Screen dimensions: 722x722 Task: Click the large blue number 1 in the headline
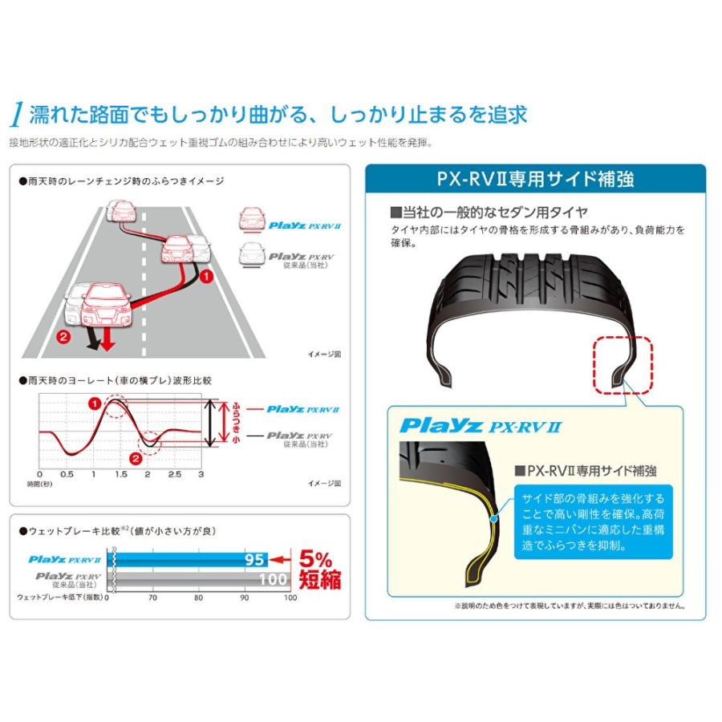(x=18, y=114)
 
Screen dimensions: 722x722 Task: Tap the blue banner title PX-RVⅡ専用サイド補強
(x=535, y=179)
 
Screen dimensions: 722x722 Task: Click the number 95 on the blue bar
(x=254, y=559)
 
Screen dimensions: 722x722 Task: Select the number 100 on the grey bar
(x=273, y=578)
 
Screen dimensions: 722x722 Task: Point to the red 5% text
(x=315, y=559)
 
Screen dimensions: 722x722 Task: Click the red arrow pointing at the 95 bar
(x=280, y=560)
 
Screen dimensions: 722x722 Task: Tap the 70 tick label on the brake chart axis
(x=152, y=598)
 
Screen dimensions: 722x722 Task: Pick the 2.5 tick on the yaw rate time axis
(x=175, y=474)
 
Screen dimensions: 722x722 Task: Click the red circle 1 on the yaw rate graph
(x=95, y=404)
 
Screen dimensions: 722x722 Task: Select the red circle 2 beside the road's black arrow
(x=63, y=337)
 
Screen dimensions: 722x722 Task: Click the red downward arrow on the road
(x=107, y=339)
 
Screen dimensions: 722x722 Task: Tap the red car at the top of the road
(x=123, y=212)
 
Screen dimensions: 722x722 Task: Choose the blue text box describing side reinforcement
(x=593, y=521)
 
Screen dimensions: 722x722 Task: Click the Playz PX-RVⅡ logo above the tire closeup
(x=481, y=426)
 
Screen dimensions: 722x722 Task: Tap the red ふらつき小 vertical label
(x=236, y=422)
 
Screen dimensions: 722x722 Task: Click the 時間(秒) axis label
(x=39, y=484)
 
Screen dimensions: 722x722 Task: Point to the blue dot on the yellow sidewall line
(x=494, y=519)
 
